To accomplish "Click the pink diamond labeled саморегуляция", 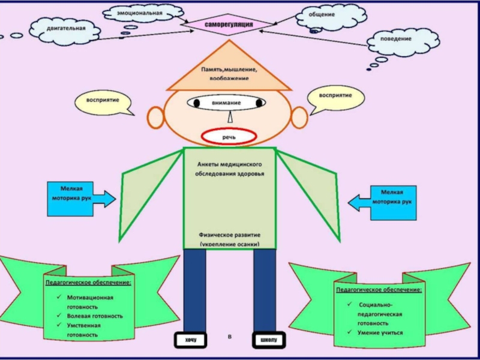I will coord(229,25).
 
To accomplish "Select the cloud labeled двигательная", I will coord(66,28).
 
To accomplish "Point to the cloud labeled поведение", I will coord(395,39).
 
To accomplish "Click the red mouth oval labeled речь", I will coord(229,137).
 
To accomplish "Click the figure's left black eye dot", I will coord(196,103).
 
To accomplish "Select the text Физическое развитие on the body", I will coord(229,235).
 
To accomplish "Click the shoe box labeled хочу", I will coord(191,340).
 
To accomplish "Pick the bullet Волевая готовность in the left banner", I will coord(95,316).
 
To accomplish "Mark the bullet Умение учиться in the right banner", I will coord(380,332).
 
